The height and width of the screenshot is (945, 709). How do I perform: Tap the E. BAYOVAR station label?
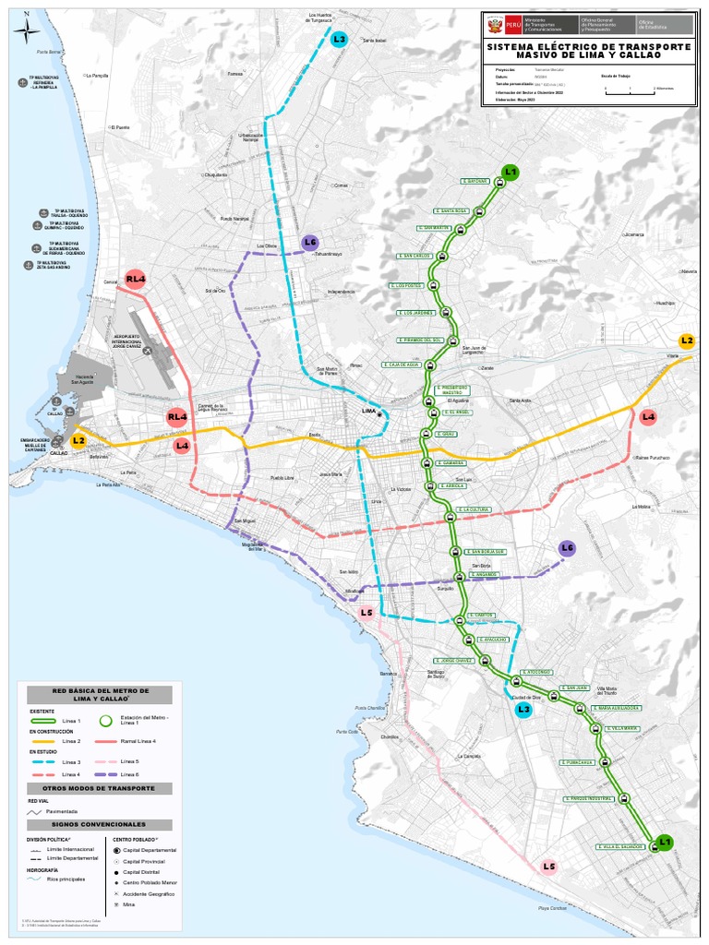tap(475, 182)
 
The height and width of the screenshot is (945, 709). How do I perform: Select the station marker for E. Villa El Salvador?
tap(655, 846)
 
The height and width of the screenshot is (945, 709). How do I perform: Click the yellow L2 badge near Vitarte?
tap(686, 341)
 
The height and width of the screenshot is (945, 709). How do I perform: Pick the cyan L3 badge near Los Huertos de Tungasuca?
tap(339, 39)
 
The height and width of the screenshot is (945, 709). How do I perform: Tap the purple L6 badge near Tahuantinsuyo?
tap(310, 243)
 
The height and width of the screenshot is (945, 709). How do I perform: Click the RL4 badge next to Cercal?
tap(137, 279)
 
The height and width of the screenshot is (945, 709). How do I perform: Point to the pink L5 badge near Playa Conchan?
tap(549, 866)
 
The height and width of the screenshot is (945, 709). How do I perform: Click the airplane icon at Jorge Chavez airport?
tap(148, 350)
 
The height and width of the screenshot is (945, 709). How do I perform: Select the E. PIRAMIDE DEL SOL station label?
tap(422, 340)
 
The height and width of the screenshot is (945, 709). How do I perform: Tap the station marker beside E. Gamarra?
tap(427, 463)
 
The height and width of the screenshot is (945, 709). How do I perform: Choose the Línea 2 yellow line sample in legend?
tap(42, 741)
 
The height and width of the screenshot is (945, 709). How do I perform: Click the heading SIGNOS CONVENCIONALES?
tap(99, 824)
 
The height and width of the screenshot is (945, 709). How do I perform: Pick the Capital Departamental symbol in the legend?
tap(116, 849)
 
